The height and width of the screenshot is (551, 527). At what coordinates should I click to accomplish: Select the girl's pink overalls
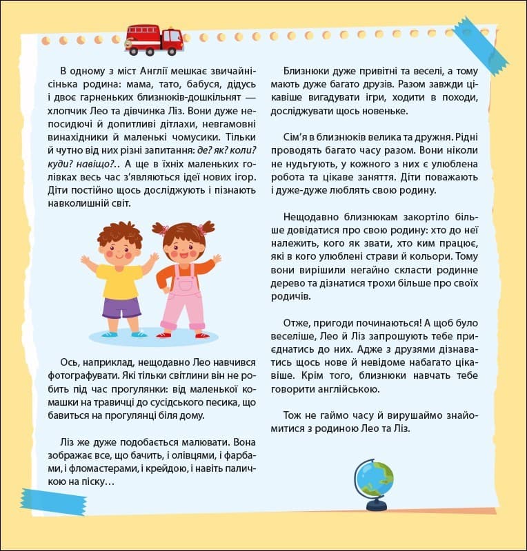(x=183, y=293)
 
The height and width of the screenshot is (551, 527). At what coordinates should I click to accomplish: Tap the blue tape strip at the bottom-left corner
(x=43, y=501)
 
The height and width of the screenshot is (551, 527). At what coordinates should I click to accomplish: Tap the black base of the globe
(x=376, y=506)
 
